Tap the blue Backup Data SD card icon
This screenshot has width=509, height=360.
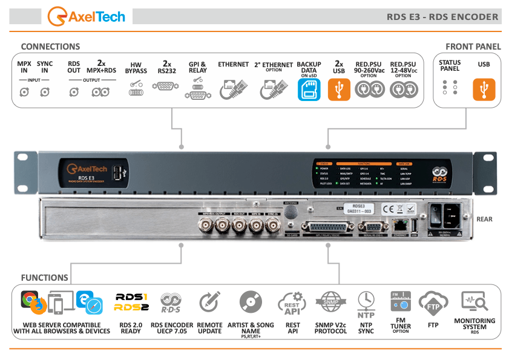[x=309, y=90]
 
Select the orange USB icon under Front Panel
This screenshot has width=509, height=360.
[x=484, y=90]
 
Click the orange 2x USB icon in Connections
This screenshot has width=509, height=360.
[x=339, y=90]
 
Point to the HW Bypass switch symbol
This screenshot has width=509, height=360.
[x=136, y=90]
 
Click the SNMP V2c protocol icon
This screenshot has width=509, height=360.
[x=330, y=302]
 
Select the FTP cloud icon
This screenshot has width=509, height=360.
[x=433, y=303]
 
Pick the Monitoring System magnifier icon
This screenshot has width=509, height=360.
[x=474, y=301]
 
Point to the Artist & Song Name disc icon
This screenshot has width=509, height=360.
[x=251, y=302]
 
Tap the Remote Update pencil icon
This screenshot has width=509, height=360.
[x=209, y=302]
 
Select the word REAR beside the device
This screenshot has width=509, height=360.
[x=484, y=219]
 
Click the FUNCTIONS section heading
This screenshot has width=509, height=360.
[x=44, y=278]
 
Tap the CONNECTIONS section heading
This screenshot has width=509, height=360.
[x=50, y=47]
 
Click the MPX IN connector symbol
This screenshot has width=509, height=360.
[x=24, y=92]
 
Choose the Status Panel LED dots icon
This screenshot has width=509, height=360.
[x=450, y=88]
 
